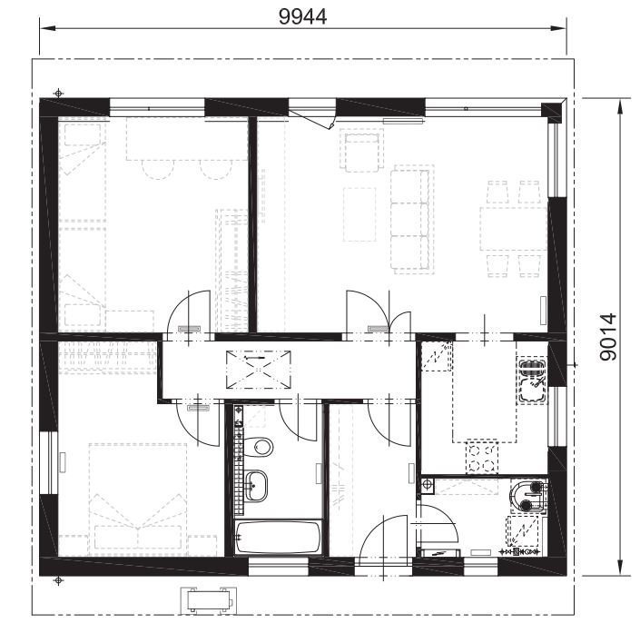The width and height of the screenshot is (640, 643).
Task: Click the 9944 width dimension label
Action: (302, 17)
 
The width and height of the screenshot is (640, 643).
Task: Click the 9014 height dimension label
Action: (607, 337)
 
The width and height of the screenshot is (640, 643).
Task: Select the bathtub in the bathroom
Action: (278, 538)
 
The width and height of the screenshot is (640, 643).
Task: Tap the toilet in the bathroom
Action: (258, 447)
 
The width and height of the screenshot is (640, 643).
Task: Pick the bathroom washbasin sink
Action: (256, 486)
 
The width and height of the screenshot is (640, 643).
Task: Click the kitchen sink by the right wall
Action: (532, 381)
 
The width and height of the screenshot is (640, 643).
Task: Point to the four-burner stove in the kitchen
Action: (482, 458)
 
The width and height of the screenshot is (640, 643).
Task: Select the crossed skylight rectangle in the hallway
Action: (259, 370)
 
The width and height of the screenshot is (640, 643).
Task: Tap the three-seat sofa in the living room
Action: (412, 220)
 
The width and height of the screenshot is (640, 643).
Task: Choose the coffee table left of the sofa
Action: (359, 214)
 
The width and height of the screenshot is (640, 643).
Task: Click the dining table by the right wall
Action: (513, 229)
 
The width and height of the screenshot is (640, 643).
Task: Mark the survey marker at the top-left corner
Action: (59, 93)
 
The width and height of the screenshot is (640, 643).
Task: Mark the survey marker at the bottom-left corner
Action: (59, 580)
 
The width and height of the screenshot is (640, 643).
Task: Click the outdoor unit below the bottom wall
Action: (209, 600)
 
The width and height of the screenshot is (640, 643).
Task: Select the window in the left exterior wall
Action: (50, 462)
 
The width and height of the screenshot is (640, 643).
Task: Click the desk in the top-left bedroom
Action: (186, 139)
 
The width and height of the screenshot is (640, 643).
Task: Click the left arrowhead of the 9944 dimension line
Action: (47, 28)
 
